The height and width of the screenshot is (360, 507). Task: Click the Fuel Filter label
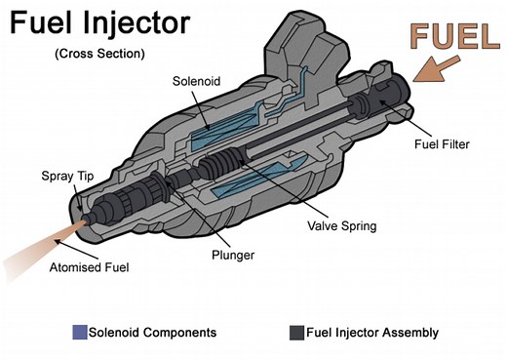pos(441,144)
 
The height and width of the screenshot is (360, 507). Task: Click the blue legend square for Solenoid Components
pos(79,333)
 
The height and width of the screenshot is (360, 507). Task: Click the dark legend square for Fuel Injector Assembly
pos(295,333)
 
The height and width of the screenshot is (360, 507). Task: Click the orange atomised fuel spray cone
pos(39,245)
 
